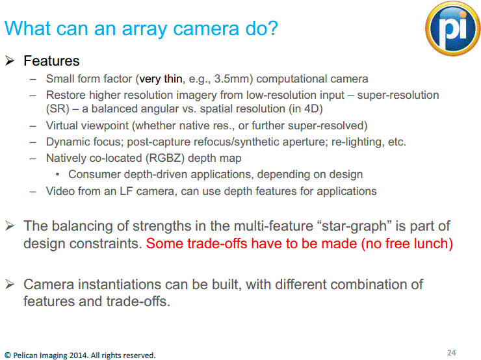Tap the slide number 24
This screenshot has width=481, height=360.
[x=451, y=352]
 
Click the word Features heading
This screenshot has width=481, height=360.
[x=51, y=61]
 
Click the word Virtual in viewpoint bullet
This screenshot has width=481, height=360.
[x=62, y=125]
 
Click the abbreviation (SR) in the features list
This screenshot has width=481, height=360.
[x=57, y=108]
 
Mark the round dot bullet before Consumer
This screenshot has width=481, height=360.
[x=59, y=174]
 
